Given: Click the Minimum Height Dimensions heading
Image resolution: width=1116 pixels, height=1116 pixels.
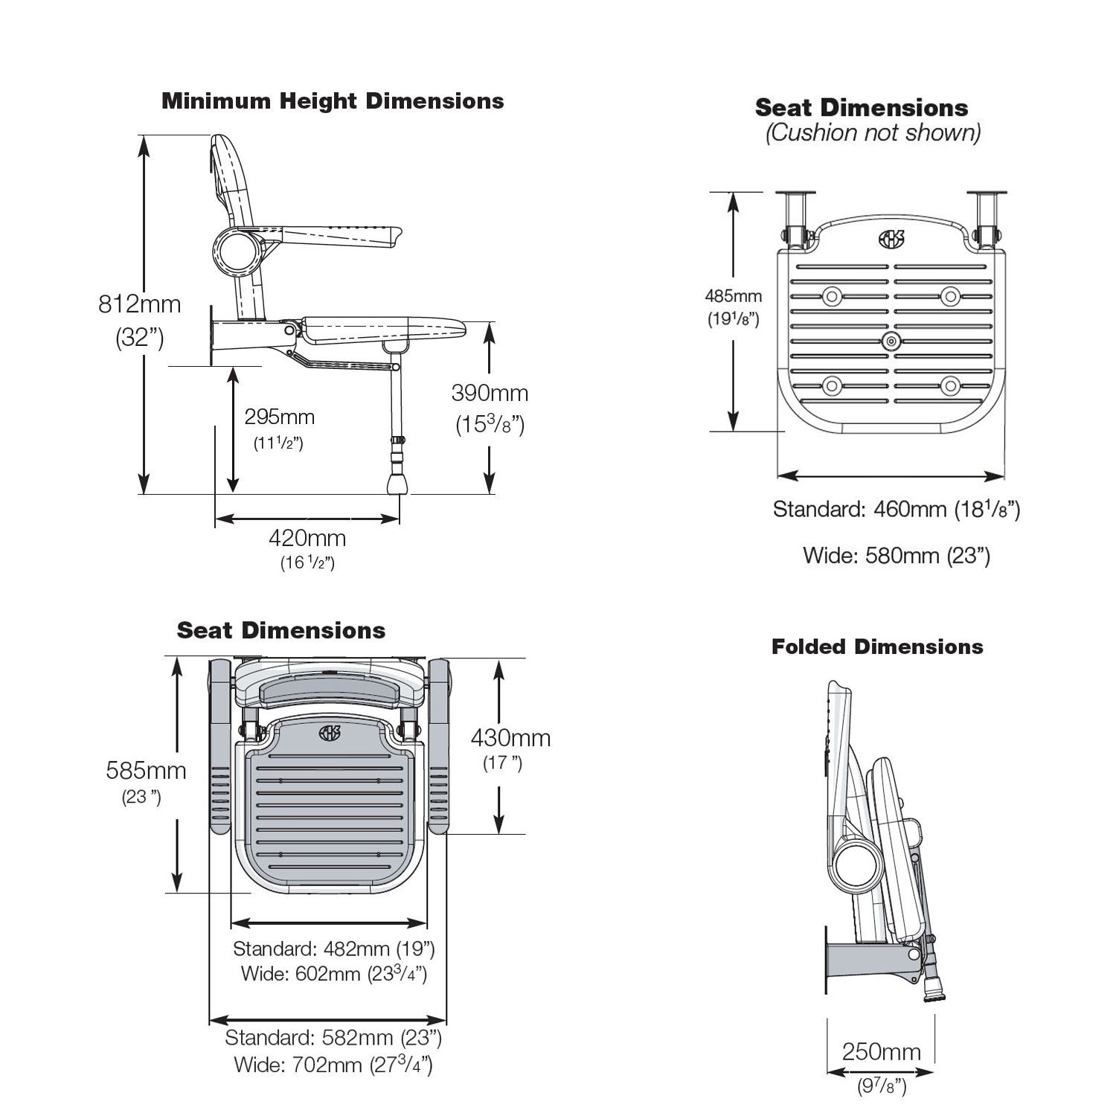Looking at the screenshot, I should (x=333, y=101).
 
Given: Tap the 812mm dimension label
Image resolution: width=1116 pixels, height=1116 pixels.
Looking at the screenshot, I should (x=140, y=304).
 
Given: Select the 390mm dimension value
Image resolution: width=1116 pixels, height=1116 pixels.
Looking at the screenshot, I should (x=490, y=393).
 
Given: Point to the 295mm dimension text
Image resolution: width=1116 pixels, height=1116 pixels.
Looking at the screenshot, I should (x=280, y=417).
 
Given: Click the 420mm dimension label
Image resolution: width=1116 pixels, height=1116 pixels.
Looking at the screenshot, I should (x=307, y=537).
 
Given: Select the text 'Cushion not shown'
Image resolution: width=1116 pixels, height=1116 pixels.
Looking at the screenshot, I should (x=873, y=133).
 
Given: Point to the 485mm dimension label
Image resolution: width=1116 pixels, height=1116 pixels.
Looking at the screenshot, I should (x=734, y=296).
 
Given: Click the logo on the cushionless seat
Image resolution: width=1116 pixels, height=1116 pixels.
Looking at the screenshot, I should (x=891, y=240).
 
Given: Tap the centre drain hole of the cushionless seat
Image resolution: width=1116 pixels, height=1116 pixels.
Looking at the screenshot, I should (x=891, y=342).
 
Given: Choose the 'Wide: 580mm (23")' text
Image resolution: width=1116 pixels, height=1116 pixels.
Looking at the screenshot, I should (x=897, y=556).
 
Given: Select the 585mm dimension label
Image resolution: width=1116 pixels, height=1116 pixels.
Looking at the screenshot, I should (x=146, y=770).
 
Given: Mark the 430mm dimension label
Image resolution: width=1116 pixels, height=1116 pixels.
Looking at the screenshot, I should (x=510, y=738).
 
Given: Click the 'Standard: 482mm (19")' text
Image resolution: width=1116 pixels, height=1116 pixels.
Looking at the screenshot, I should (x=333, y=949).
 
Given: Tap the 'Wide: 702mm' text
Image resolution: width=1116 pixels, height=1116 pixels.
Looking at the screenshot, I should (x=333, y=1065).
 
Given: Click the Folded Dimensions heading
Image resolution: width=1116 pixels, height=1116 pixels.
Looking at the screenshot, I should (x=877, y=647).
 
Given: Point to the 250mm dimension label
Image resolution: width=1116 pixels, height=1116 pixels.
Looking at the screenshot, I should (x=881, y=1052).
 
